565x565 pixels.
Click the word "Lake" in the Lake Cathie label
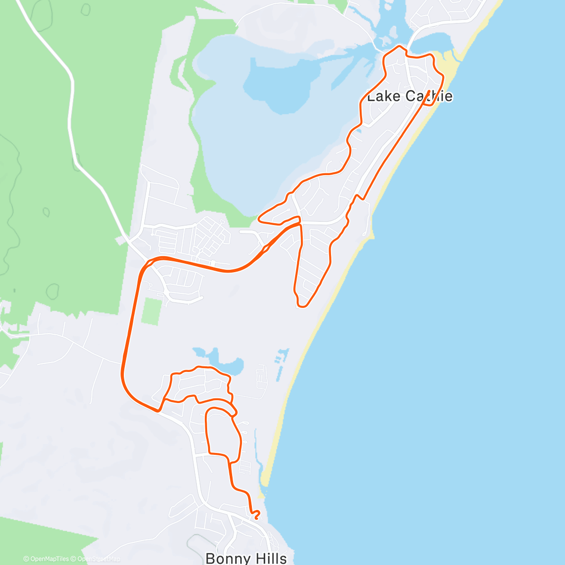pos(383,97)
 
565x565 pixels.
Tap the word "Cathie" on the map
pos(429,97)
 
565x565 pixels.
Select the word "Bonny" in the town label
pos(224,558)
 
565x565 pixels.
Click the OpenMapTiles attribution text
pos(46,559)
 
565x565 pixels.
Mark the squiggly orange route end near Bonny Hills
pos(256,514)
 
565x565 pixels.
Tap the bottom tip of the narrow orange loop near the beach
pos(302,306)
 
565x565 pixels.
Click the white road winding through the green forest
pos(71,118)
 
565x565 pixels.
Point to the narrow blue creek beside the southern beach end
pos(256,452)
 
